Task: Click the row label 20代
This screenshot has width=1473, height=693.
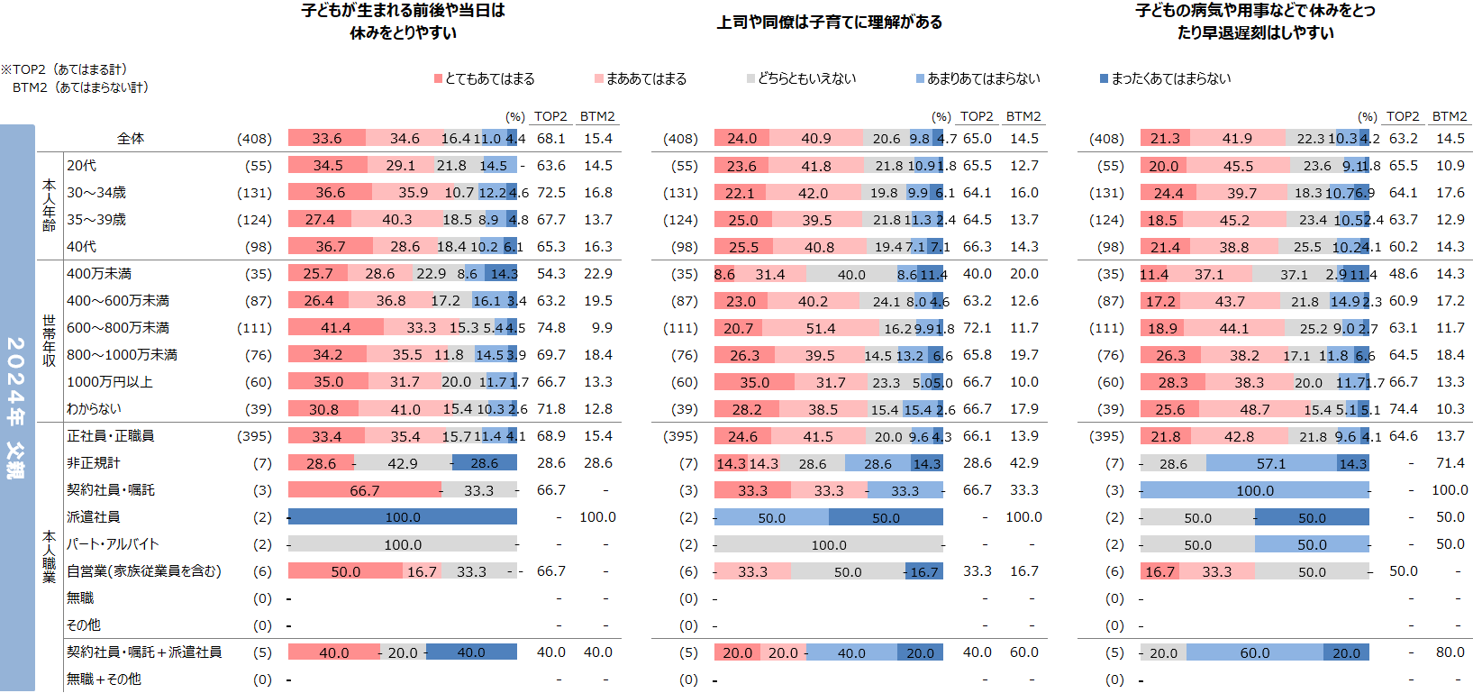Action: (x=81, y=166)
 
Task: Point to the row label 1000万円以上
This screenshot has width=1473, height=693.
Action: (x=110, y=382)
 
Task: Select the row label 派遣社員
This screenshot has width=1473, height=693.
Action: (x=93, y=517)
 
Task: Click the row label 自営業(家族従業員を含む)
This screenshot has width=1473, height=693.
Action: (x=144, y=571)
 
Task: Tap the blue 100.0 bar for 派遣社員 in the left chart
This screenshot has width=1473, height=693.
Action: (x=403, y=517)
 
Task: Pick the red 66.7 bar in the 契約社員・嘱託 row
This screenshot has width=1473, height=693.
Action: (x=364, y=490)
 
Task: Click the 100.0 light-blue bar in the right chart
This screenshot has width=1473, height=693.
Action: (x=1254, y=490)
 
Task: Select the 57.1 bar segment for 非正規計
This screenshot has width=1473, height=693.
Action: (x=1271, y=463)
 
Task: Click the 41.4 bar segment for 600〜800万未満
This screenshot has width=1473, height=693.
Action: (x=335, y=328)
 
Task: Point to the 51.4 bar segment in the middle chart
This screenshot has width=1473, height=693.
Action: (x=820, y=328)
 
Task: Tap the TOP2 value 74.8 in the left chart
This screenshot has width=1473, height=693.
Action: (x=550, y=328)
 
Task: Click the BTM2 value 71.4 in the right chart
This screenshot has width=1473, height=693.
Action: (x=1450, y=463)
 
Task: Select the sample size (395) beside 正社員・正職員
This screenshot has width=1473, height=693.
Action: (x=254, y=436)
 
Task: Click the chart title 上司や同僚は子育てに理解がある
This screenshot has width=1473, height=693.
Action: (x=829, y=23)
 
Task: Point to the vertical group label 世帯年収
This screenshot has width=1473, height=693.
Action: (x=49, y=341)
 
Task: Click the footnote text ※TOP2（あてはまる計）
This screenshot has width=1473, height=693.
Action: (x=64, y=69)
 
